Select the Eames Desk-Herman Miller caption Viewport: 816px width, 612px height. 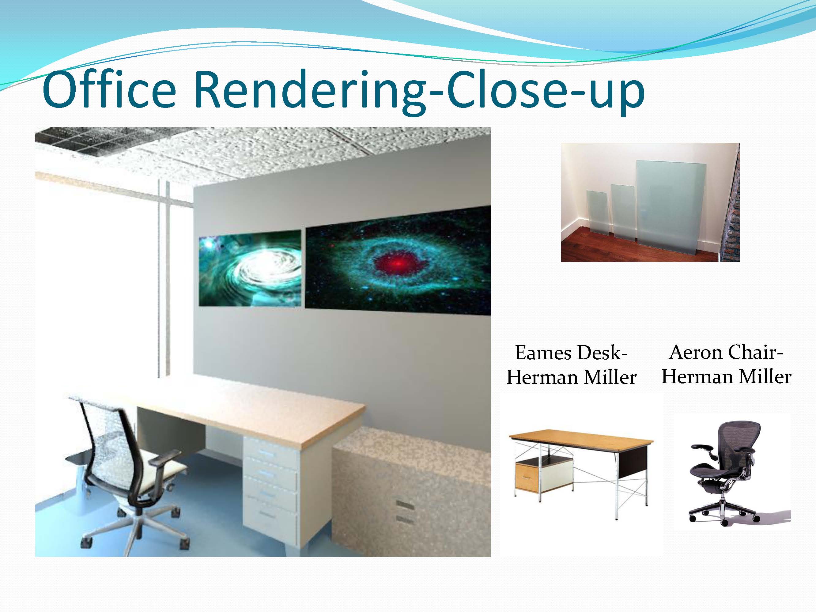tap(572, 365)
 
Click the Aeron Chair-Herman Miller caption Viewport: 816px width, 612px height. tap(726, 364)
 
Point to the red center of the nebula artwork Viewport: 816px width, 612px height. tap(397, 263)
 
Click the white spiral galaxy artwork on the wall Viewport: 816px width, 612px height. tap(250, 268)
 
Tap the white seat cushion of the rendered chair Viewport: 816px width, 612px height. tap(162, 473)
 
